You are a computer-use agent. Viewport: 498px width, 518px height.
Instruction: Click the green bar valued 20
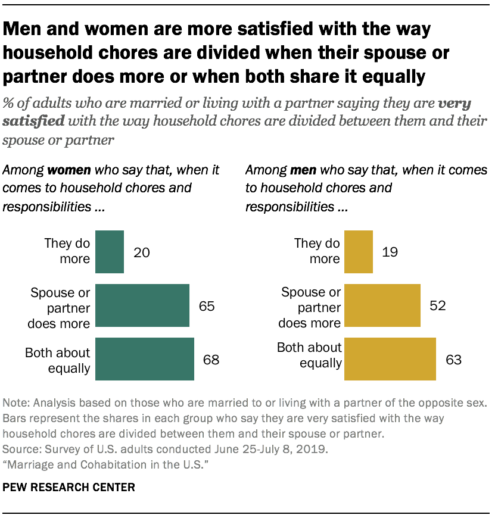click(110, 252)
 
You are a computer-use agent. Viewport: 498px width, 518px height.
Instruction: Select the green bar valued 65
click(142, 305)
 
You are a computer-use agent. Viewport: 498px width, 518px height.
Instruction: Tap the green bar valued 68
click(145, 359)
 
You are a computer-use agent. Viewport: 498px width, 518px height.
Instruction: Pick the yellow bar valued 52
click(382, 305)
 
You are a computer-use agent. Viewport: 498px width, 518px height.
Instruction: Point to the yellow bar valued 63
click(390, 359)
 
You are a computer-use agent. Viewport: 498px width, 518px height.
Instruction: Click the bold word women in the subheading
click(69, 170)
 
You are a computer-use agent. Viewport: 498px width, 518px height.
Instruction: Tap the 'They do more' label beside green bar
click(67, 251)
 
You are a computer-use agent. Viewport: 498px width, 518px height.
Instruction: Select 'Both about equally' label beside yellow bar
click(309, 355)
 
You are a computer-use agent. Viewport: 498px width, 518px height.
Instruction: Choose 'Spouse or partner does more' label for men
click(310, 308)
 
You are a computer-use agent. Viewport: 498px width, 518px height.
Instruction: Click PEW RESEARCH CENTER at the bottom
click(69, 488)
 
